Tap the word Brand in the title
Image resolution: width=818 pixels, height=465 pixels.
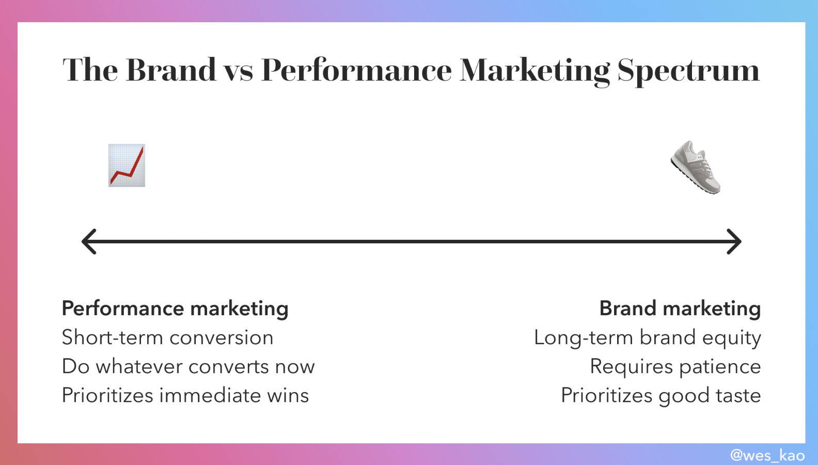tap(171, 69)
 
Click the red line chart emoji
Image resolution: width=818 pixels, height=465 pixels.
tap(127, 165)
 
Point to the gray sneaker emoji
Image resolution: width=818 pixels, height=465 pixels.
tap(695, 167)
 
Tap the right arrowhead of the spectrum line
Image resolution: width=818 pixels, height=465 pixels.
tap(734, 241)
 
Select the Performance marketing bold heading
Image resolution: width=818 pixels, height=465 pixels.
tap(175, 308)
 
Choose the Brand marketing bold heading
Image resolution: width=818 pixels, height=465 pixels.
tap(680, 308)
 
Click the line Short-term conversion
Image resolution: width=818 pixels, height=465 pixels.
tap(168, 337)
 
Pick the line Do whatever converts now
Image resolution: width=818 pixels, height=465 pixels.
tap(188, 366)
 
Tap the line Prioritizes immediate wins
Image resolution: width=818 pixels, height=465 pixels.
tap(185, 395)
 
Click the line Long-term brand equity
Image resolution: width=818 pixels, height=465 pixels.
tap(648, 338)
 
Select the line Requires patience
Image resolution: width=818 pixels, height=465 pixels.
tap(675, 367)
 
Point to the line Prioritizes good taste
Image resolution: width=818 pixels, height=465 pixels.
tap(661, 396)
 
